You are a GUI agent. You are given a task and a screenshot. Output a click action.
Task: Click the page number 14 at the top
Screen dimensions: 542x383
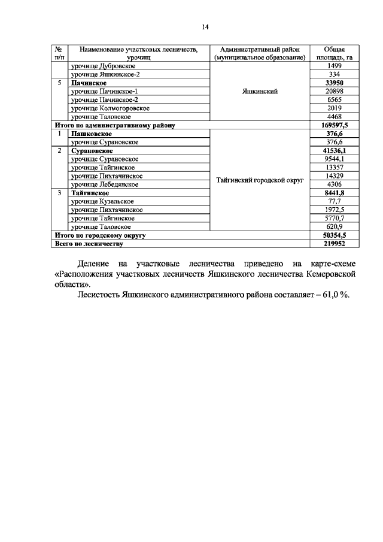[205, 27]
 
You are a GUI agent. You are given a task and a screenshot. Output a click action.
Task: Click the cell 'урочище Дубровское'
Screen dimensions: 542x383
[103, 66]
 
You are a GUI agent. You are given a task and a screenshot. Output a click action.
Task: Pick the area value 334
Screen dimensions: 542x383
[334, 74]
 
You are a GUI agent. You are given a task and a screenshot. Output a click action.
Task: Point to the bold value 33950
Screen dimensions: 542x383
[334, 83]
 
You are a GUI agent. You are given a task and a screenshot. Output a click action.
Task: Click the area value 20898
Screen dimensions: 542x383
[334, 91]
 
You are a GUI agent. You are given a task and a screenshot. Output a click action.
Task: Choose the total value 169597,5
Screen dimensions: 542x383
[334, 126]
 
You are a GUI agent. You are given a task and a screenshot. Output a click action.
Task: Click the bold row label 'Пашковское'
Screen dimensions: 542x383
[92, 134]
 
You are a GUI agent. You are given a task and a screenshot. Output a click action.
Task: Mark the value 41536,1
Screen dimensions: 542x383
[334, 151]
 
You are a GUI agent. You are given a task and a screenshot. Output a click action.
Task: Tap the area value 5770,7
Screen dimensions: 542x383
[334, 219]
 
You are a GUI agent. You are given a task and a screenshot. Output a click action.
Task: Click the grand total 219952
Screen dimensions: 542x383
[334, 244]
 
